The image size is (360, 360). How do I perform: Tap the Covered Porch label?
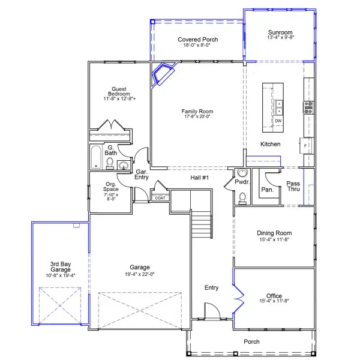tap(197, 40)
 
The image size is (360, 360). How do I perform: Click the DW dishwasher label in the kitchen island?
tap(278, 121)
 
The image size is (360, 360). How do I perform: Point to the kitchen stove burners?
tap(309, 107)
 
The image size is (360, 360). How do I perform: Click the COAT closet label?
tap(160, 197)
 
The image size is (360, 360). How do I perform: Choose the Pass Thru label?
tap(293, 187)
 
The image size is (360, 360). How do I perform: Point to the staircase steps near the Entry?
tap(201, 227)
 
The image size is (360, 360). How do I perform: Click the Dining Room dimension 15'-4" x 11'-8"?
tap(274, 240)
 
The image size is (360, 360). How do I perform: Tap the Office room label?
tap(274, 296)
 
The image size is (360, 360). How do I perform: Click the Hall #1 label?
tap(199, 178)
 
